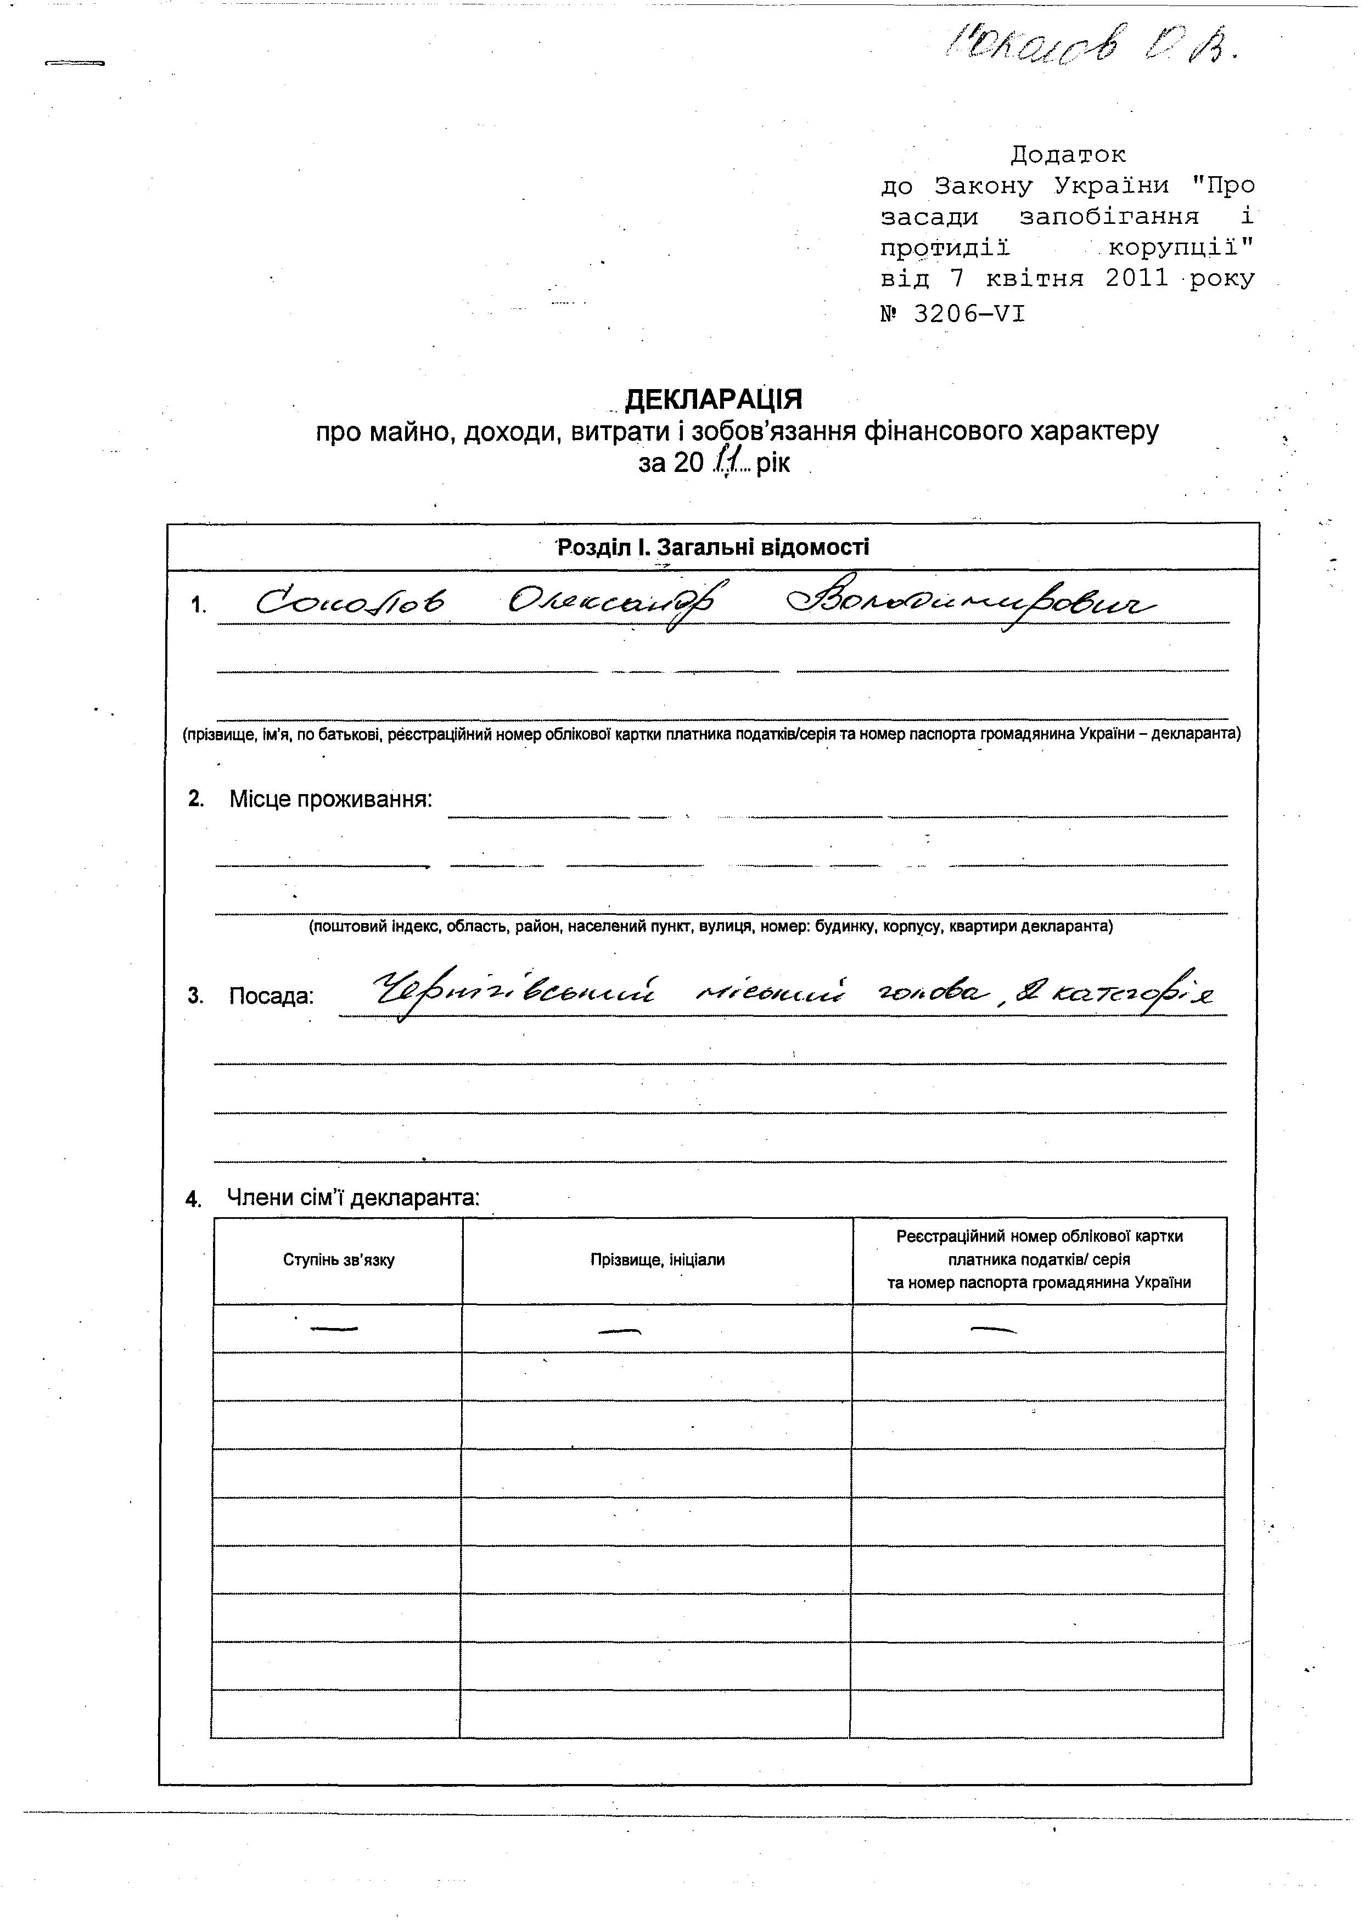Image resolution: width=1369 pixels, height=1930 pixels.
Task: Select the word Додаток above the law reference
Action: pos(1068,155)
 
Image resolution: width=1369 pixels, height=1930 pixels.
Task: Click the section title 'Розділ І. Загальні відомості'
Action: pos(713,548)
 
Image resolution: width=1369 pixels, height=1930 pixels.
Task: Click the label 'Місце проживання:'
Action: pos(330,799)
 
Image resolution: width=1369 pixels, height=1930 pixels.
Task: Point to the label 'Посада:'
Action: pos(271,996)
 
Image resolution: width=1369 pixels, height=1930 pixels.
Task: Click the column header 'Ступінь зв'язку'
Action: pos(339,1260)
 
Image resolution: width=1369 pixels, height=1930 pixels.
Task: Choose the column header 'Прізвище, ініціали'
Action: pos(658,1260)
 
